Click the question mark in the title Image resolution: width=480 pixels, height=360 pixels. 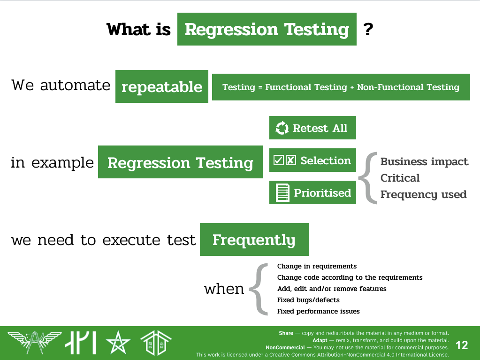coord(368,29)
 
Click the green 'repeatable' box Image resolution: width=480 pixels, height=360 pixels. coord(162,86)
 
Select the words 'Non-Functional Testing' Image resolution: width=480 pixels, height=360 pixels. coord(408,87)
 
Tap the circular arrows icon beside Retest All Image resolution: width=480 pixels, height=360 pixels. coord(282,128)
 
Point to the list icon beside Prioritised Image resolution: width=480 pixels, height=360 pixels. coord(282,193)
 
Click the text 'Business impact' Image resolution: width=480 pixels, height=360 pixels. coord(424,161)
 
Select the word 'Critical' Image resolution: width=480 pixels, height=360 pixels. coord(400,178)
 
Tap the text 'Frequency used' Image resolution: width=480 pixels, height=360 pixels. coord(423,194)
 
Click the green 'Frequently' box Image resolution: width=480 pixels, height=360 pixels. coord(254,239)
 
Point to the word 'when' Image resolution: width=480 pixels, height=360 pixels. coord(224,289)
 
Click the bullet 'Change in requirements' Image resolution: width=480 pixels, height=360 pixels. coord(317,266)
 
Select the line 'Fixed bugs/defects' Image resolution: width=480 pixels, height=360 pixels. coord(308,300)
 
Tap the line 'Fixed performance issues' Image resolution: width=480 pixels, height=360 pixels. coord(318,311)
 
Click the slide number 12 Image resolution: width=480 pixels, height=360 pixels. coord(462,345)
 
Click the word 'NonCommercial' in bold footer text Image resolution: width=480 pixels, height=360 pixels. coord(285,347)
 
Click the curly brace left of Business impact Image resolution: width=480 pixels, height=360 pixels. coord(367,178)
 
